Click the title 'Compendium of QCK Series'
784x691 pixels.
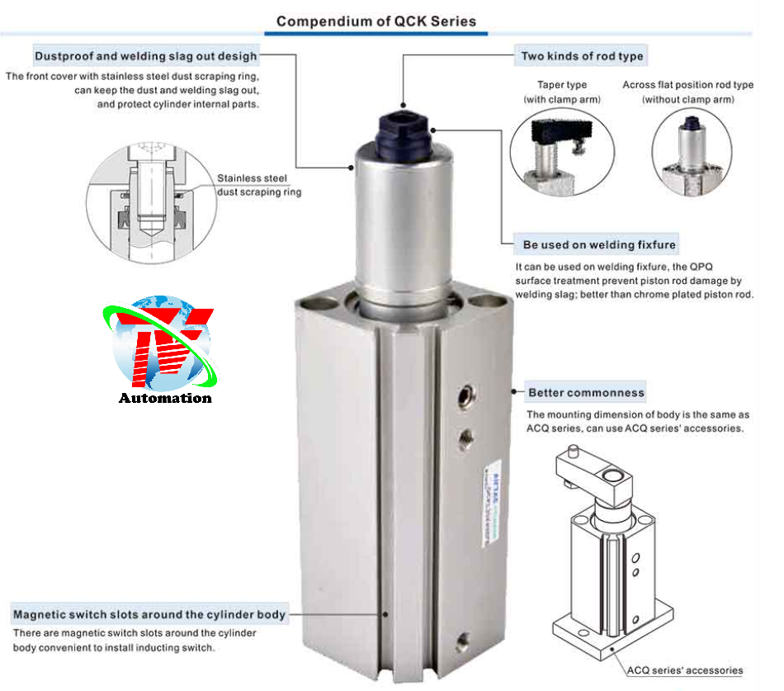(x=375, y=21)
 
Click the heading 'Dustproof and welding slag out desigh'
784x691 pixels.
(x=146, y=56)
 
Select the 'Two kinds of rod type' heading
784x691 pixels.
(x=582, y=56)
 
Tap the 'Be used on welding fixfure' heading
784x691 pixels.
(x=599, y=244)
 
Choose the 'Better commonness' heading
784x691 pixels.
(x=586, y=392)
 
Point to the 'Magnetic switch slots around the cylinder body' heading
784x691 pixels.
(x=149, y=614)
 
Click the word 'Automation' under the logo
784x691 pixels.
(x=165, y=398)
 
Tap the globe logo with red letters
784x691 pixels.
(x=163, y=343)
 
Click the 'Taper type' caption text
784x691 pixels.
(x=562, y=84)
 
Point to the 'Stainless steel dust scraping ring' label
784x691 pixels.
(x=258, y=185)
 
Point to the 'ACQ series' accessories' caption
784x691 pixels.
(x=684, y=670)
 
